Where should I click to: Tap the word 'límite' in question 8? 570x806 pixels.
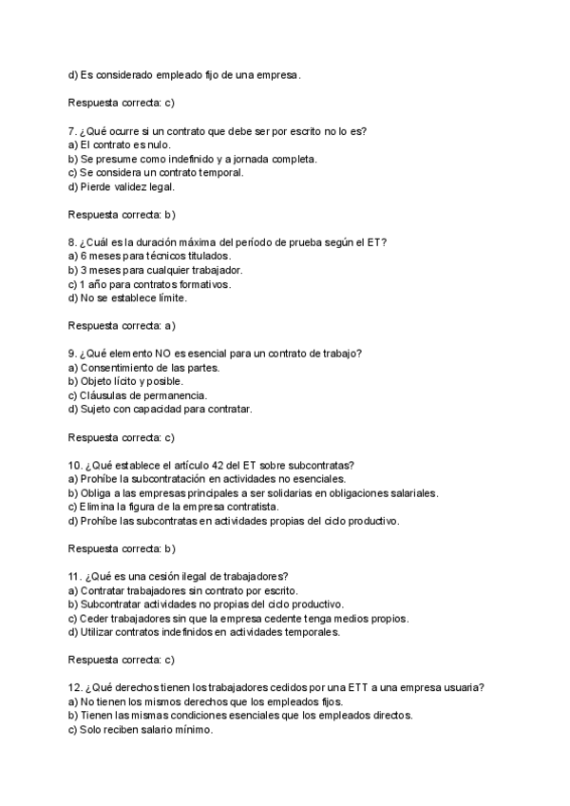pos(172,298)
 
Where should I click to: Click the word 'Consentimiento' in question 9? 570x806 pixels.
pos(117,368)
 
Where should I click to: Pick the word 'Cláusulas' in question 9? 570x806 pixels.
pos(104,395)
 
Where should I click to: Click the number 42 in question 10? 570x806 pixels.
pos(223,465)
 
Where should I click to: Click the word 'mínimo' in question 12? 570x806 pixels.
pos(194,730)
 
